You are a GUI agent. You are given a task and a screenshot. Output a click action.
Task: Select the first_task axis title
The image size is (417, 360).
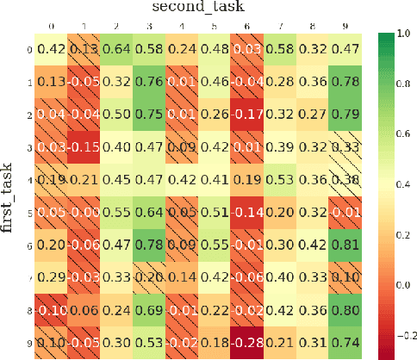click(8, 195)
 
